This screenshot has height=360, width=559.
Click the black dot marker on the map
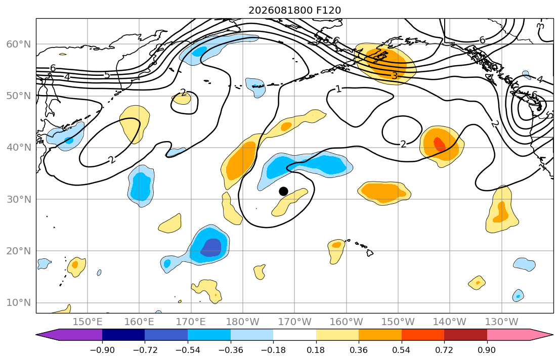283,192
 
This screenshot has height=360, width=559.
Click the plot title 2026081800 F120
294,10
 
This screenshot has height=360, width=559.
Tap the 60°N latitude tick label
19,44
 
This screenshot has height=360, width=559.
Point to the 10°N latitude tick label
19,303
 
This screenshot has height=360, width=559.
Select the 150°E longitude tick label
88,322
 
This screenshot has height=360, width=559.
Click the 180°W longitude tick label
243,322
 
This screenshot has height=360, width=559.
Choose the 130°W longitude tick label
502,322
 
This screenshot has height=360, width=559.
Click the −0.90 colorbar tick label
102,350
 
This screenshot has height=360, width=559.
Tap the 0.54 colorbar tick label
402,350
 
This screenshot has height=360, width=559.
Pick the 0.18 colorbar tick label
316,350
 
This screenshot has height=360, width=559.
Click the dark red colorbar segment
465,335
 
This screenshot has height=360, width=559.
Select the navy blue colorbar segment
123,335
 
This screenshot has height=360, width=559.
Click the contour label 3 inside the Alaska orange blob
394,75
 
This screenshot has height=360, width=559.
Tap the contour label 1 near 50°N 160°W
338,89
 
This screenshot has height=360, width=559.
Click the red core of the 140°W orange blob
439,144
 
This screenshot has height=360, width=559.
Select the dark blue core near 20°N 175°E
211,247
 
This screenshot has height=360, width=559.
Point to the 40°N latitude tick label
19,148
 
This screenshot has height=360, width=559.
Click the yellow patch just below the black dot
289,202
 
